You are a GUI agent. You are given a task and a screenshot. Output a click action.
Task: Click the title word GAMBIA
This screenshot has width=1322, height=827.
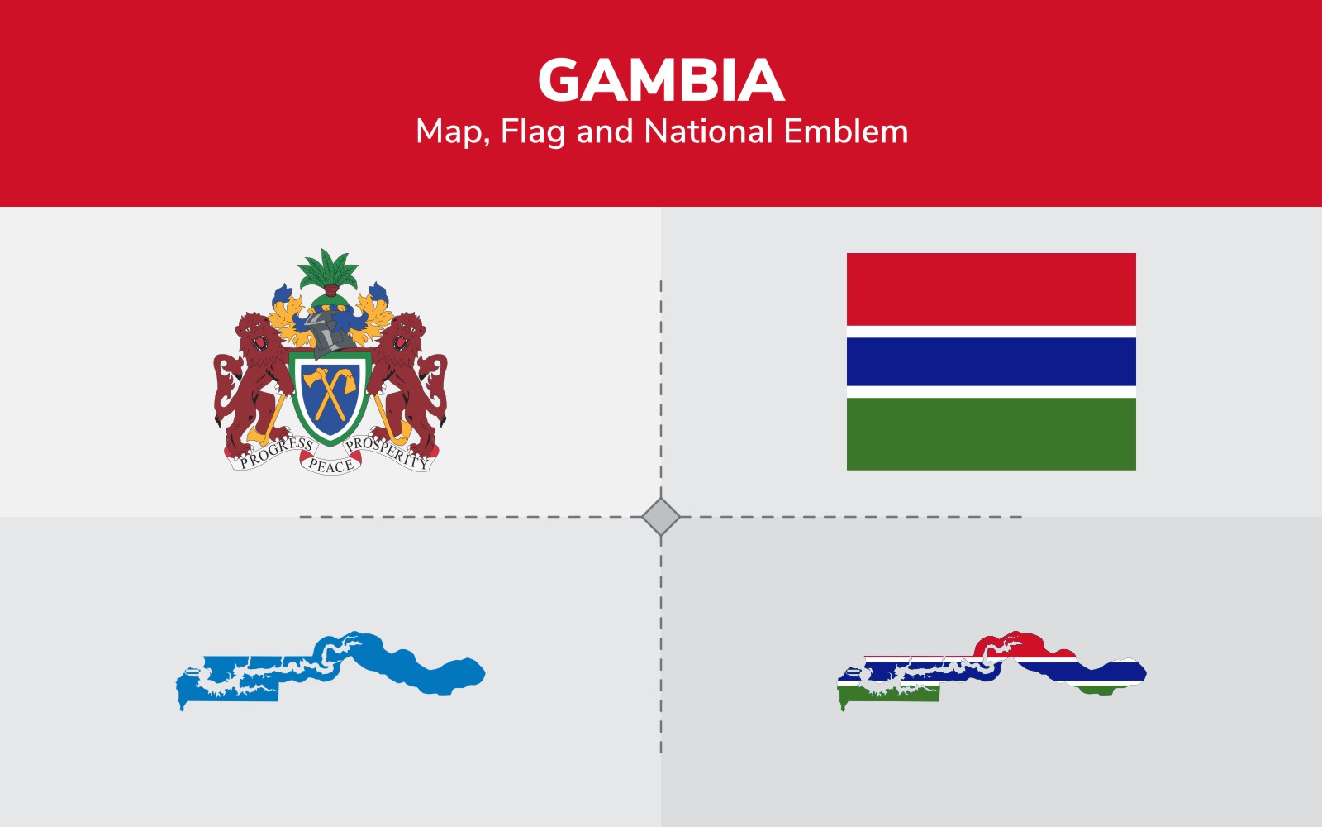click(x=661, y=79)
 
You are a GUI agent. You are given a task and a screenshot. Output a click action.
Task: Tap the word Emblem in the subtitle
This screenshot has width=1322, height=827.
click(x=846, y=131)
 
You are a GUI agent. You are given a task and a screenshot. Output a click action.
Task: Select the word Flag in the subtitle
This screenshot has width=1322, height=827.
click(x=533, y=131)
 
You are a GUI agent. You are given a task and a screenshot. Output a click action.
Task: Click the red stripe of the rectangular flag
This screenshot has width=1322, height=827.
click(x=991, y=289)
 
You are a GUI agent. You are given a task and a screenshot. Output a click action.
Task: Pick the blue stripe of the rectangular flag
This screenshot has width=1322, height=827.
click(x=991, y=361)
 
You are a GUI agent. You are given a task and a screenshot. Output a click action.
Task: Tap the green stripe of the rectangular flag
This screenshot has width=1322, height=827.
click(x=991, y=433)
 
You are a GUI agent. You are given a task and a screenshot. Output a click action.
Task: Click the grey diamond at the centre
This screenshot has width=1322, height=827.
click(x=660, y=517)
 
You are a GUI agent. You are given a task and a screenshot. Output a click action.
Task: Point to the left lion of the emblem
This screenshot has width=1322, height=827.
click(x=254, y=384)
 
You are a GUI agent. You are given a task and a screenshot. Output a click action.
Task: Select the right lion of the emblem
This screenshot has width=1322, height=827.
click(x=407, y=384)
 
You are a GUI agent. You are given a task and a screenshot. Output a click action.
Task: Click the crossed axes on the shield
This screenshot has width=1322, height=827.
click(x=330, y=393)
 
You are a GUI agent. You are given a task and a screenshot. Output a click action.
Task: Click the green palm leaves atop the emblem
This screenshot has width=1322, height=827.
click(x=328, y=270)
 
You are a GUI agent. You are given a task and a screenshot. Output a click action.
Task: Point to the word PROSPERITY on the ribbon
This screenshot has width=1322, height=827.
click(x=387, y=453)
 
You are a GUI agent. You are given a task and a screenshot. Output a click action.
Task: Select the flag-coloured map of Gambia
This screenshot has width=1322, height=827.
click(x=991, y=671)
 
